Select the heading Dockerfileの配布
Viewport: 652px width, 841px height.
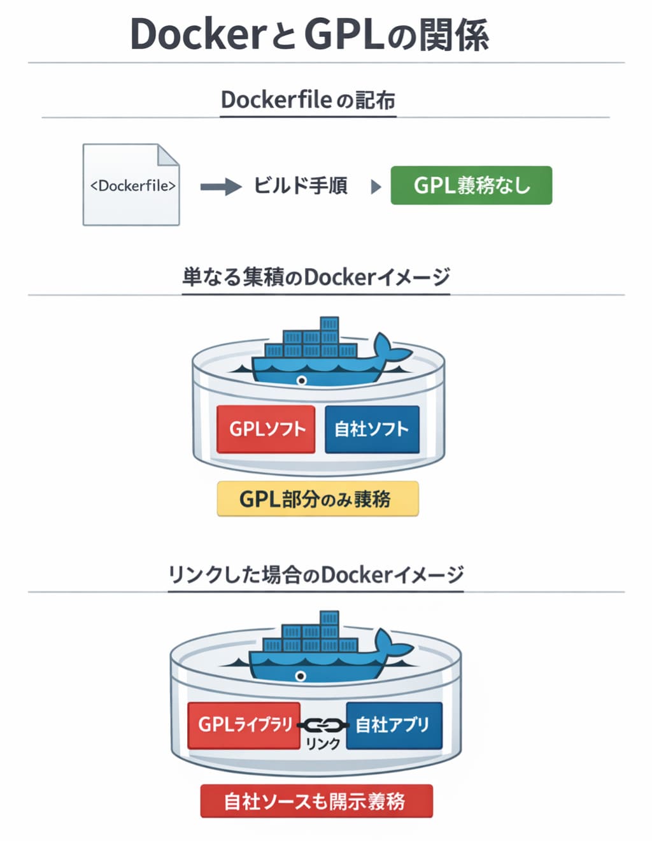(308, 100)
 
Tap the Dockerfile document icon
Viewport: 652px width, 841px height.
(131, 185)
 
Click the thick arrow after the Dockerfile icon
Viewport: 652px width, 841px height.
(220, 187)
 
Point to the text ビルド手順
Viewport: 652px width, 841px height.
(301, 185)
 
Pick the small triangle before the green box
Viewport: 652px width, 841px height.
(376, 187)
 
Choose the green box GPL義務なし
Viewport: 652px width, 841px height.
(471, 185)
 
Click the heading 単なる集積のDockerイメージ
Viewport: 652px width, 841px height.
(316, 277)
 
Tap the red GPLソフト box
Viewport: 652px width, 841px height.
(266, 429)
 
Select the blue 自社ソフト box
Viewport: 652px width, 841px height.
(372, 429)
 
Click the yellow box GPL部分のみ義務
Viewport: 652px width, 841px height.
(317, 498)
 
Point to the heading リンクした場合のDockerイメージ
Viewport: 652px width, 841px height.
(316, 575)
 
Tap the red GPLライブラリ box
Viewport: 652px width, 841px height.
(244, 724)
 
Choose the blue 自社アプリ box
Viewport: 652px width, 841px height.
(393, 724)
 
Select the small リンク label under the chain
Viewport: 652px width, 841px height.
(323, 743)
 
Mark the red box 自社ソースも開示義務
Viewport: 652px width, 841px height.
(316, 801)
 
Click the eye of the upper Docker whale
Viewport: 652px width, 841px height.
(302, 381)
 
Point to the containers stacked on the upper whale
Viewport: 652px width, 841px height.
(312, 341)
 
